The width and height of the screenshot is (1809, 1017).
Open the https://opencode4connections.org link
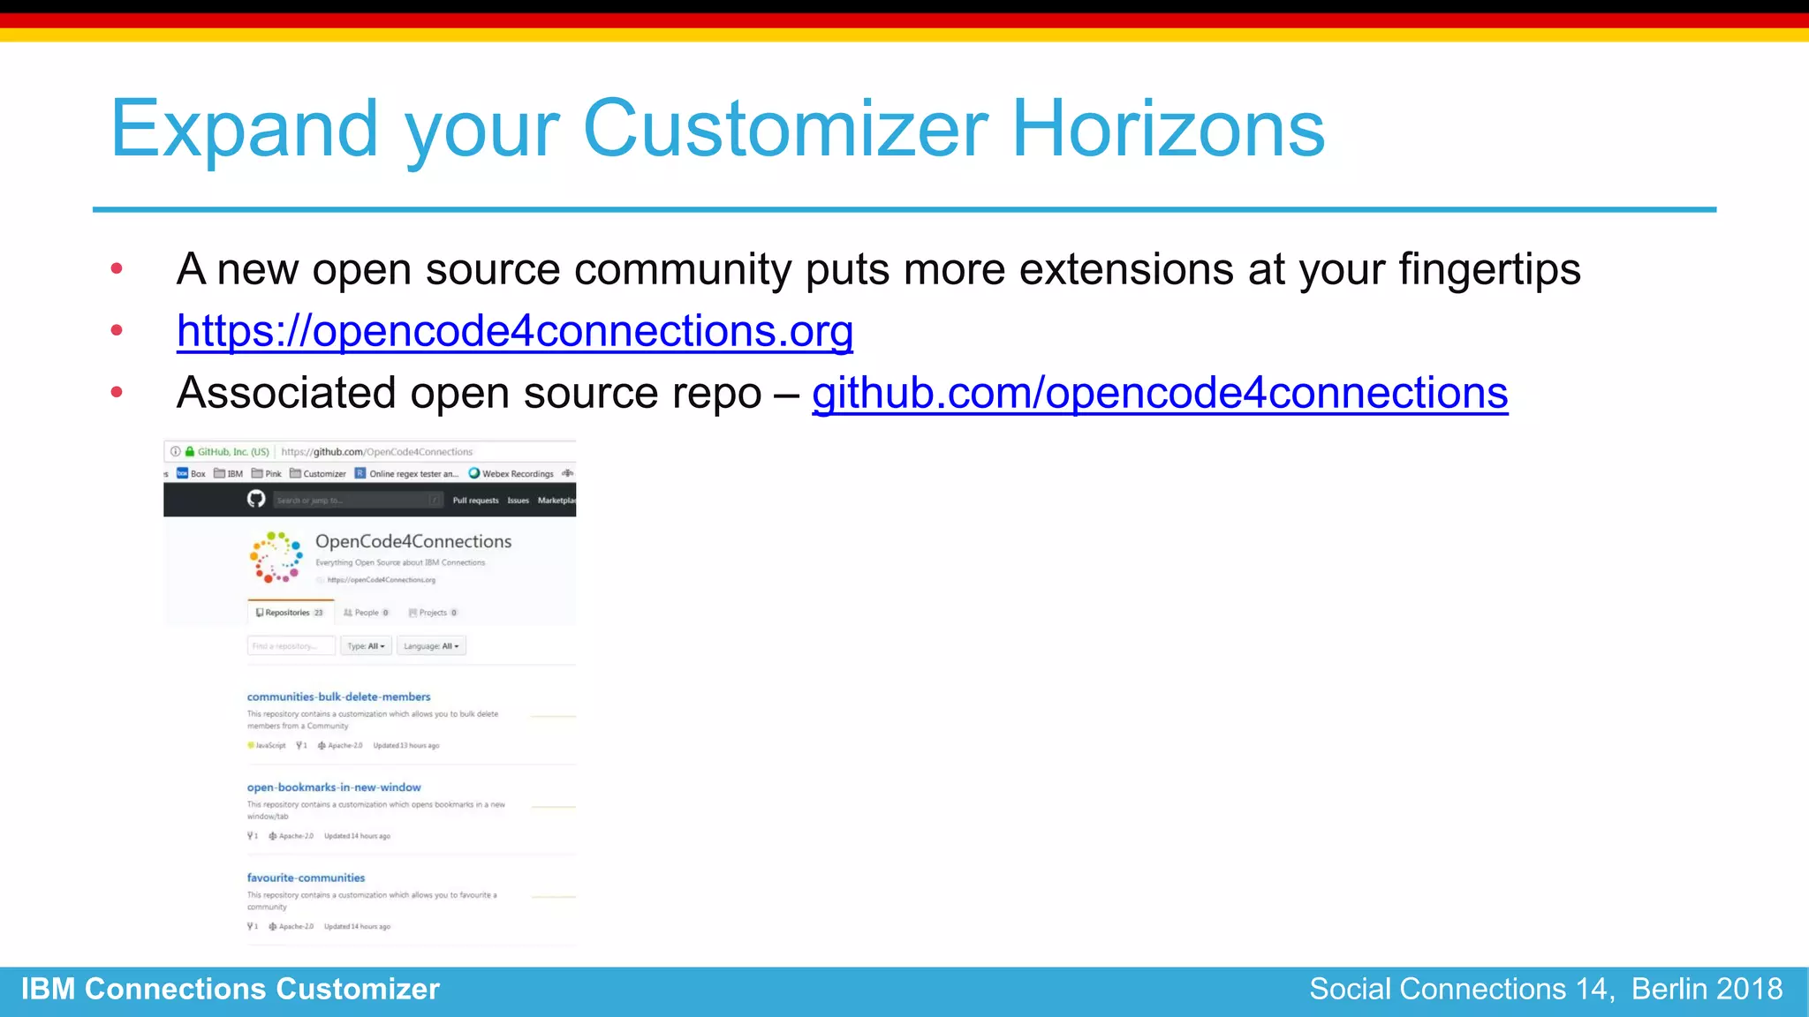[x=514, y=332]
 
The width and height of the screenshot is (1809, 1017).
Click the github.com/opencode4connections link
[x=1159, y=394]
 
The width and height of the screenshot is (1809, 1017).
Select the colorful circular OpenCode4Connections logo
[x=276, y=557]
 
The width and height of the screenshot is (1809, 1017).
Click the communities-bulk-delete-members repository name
[x=338, y=697]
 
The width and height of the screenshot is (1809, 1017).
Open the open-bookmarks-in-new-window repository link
[x=334, y=787]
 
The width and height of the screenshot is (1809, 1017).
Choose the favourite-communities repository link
[x=306, y=878]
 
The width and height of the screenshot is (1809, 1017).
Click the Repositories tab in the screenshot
[x=288, y=613]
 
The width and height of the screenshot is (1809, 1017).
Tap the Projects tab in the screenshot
[x=433, y=613]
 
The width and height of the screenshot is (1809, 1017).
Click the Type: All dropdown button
[x=366, y=646]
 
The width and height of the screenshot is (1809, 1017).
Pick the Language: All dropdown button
[x=431, y=646]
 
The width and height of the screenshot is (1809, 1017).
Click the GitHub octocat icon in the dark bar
[x=256, y=500]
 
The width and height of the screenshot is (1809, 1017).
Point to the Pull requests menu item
[x=475, y=501]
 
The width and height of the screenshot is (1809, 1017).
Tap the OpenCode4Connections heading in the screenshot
[x=413, y=541]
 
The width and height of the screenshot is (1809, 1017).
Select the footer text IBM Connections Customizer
[x=231, y=990]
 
